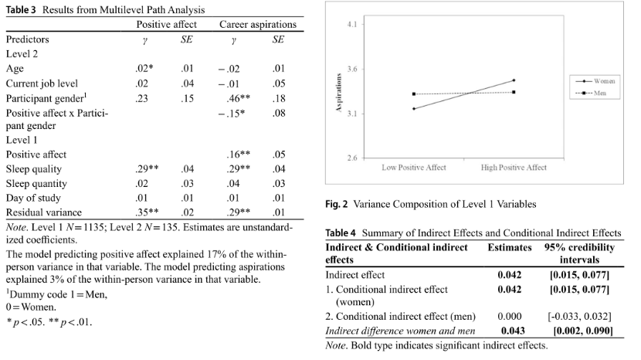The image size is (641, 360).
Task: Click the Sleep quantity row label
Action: pos(36,184)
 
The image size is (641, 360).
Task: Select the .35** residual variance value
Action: pos(145,212)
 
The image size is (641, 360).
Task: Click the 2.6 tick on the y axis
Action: pos(352,158)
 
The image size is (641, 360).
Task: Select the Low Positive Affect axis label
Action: pos(414,168)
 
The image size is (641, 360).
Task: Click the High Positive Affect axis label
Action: pos(514,168)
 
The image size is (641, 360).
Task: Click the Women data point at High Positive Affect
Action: pos(514,80)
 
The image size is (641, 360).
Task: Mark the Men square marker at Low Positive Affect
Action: pos(414,94)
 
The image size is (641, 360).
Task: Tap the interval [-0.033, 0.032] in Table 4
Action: pos(578,316)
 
